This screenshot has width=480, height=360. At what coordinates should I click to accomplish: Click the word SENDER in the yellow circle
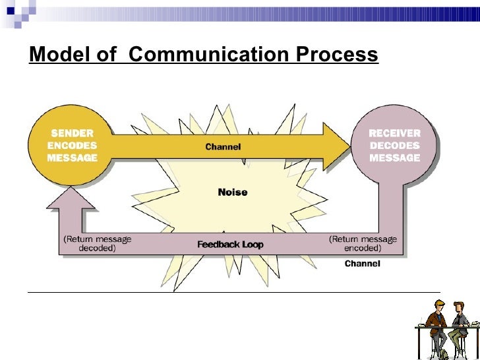[72, 133]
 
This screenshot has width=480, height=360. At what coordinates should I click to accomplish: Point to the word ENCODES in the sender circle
[72, 145]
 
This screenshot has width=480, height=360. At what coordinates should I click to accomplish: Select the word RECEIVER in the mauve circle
[394, 133]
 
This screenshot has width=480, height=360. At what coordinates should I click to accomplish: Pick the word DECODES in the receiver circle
[394, 145]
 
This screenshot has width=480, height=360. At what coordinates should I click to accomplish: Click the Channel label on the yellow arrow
[223, 146]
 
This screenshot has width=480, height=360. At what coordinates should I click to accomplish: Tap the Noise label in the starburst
[233, 193]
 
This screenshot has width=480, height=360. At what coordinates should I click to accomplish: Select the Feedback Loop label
[230, 244]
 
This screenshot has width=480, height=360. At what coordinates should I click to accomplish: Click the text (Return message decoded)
[97, 244]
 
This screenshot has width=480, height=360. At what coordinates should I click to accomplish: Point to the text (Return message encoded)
[363, 244]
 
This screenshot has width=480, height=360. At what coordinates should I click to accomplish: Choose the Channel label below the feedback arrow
[363, 264]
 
